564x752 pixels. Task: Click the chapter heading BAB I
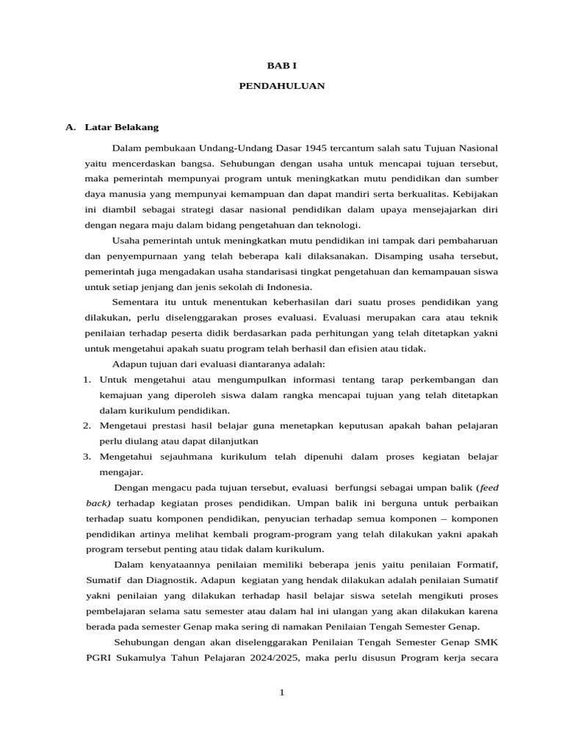coord(281,65)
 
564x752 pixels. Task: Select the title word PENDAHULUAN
coord(281,86)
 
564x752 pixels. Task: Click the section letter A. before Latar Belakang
coord(70,127)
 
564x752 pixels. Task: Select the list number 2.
coord(86,425)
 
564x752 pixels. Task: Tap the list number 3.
coord(86,456)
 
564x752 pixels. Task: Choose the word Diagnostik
coord(168,579)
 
